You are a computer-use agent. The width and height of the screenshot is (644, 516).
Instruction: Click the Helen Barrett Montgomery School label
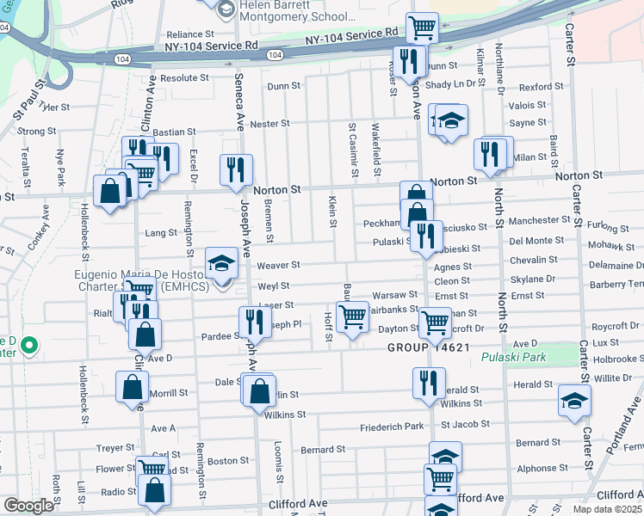click(286, 16)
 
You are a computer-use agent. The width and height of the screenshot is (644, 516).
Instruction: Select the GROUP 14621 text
click(428, 347)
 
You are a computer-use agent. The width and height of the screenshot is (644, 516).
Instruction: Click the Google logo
click(28, 506)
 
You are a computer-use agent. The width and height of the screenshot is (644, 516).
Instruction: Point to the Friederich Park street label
click(392, 426)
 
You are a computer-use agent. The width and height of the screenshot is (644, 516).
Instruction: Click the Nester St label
click(269, 124)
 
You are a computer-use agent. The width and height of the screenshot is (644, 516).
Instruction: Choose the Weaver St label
click(278, 265)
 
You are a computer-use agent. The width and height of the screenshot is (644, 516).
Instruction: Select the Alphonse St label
click(538, 469)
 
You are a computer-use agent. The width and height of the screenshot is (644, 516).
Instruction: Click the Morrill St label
click(169, 392)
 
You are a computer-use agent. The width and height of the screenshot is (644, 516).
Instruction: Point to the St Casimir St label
click(352, 143)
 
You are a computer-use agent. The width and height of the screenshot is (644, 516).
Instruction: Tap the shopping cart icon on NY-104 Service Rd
click(422, 27)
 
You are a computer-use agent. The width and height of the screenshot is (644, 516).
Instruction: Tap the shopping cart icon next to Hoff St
click(352, 316)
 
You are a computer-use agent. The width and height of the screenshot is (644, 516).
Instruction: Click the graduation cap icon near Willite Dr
click(574, 400)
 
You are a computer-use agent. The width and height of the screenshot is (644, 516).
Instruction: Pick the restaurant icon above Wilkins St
click(428, 381)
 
